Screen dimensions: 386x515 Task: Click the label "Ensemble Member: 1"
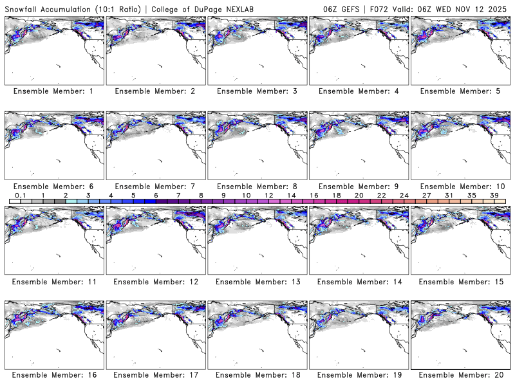point(53,91)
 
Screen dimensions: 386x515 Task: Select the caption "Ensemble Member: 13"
point(256,282)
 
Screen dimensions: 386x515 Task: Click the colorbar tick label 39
point(494,195)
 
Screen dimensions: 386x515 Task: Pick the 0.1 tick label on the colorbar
point(20,195)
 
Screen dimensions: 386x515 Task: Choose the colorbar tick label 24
point(404,195)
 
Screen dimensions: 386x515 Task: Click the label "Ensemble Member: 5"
point(460,91)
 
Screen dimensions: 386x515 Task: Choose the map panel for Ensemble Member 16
point(53,335)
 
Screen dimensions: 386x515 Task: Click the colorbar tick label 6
point(156,195)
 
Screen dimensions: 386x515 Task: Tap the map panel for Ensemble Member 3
point(257,51)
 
